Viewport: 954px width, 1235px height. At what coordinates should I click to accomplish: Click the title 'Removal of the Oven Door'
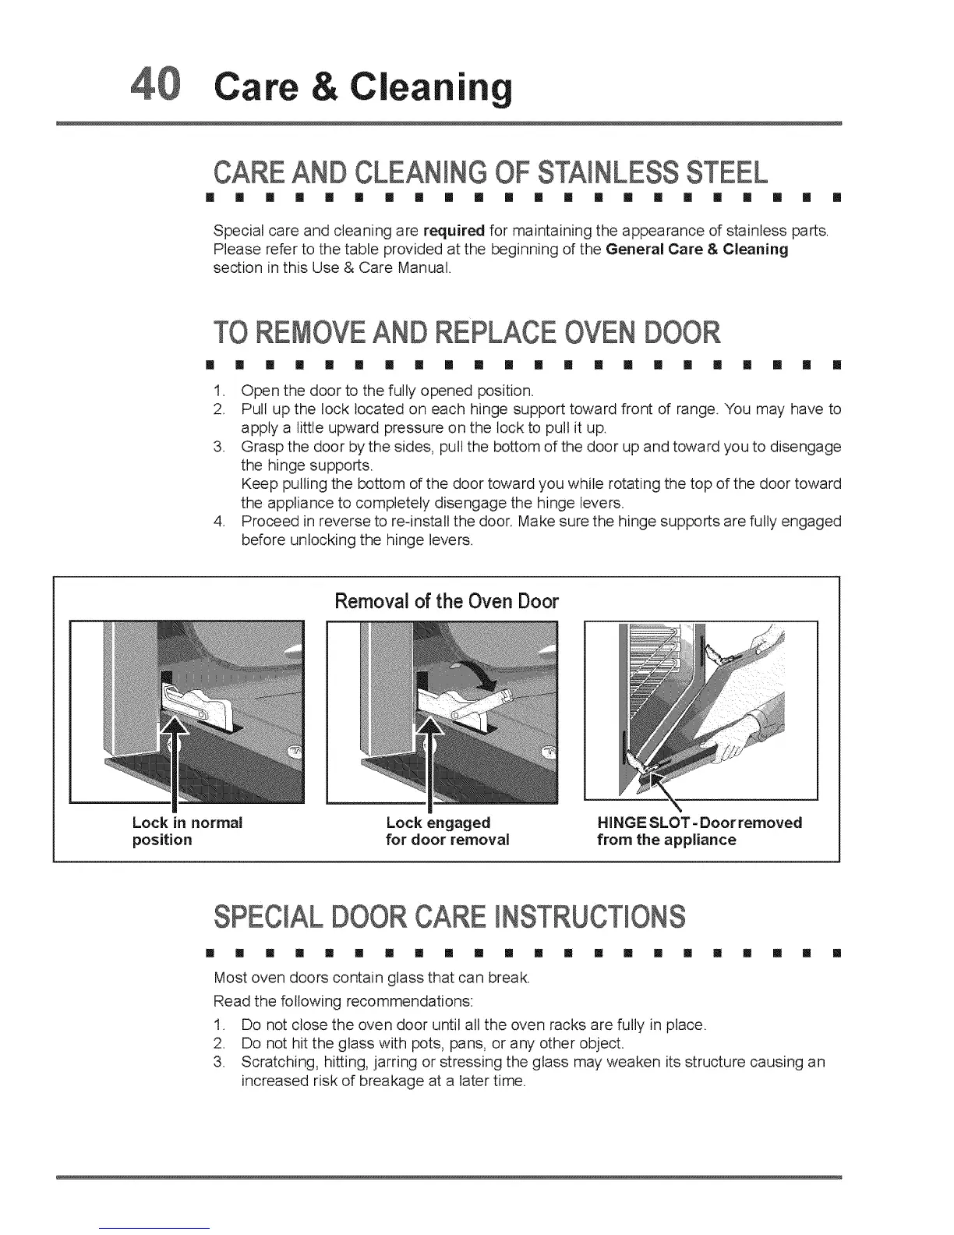pos(447,601)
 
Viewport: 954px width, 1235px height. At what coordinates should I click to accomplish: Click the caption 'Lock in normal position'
pos(187,831)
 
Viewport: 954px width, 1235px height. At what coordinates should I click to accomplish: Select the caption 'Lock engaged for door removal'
pos(447,831)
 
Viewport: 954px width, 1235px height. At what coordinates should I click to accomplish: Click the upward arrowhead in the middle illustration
pos(430,730)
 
